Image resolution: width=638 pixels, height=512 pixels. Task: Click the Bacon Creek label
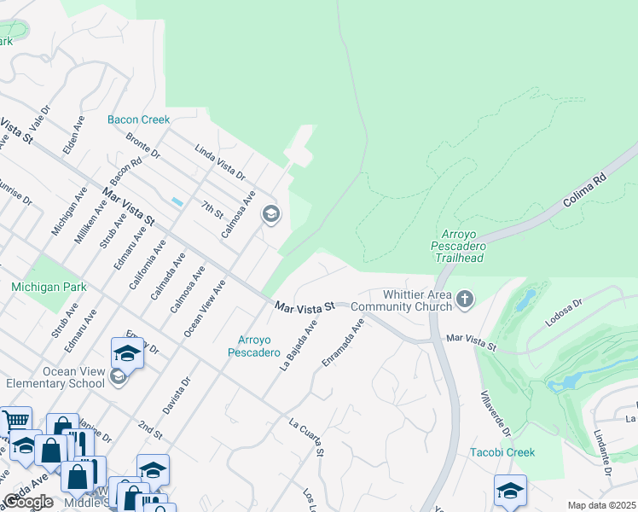pos(138,120)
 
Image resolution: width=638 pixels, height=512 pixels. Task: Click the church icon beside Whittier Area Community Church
pos(464,299)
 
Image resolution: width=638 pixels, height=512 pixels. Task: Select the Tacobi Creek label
pos(502,452)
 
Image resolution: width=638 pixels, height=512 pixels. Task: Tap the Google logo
pos(28,503)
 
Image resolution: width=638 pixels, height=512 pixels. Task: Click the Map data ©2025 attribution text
pos(601,505)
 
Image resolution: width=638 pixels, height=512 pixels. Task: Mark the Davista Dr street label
pos(175,395)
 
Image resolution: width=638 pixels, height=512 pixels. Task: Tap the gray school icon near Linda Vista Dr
pos(271,214)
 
